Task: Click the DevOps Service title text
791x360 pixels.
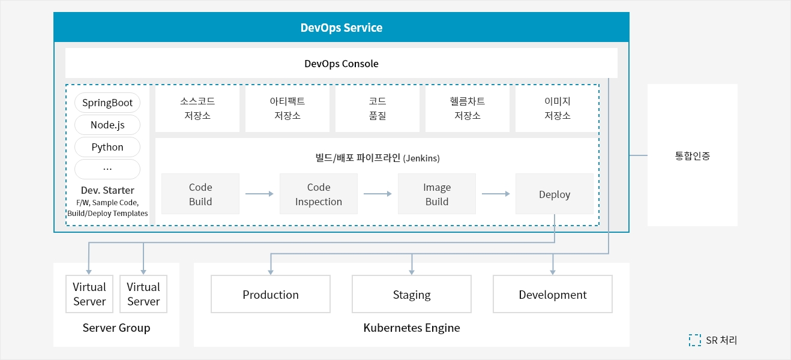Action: [341, 28]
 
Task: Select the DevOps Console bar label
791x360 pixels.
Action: [341, 64]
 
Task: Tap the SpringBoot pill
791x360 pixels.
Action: [107, 103]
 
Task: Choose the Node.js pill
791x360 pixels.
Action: [107, 125]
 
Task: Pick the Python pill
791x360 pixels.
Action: [107, 147]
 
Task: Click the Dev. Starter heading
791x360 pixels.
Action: [107, 190]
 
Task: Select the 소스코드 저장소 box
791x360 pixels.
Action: [197, 109]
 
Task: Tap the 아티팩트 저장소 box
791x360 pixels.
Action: [287, 109]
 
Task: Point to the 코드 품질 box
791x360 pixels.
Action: [377, 109]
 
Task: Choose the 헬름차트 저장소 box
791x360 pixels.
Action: [467, 109]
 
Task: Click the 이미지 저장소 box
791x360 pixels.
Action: [557, 109]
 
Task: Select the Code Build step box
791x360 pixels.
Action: [200, 194]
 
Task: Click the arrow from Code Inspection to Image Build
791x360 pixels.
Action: [377, 194]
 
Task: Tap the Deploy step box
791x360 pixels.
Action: [555, 194]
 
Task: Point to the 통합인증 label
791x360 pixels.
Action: [693, 155]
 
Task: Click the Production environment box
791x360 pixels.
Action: [271, 294]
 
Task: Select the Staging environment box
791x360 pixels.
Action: [412, 294]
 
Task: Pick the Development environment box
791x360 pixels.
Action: [553, 294]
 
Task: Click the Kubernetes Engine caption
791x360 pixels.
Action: [412, 328]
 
